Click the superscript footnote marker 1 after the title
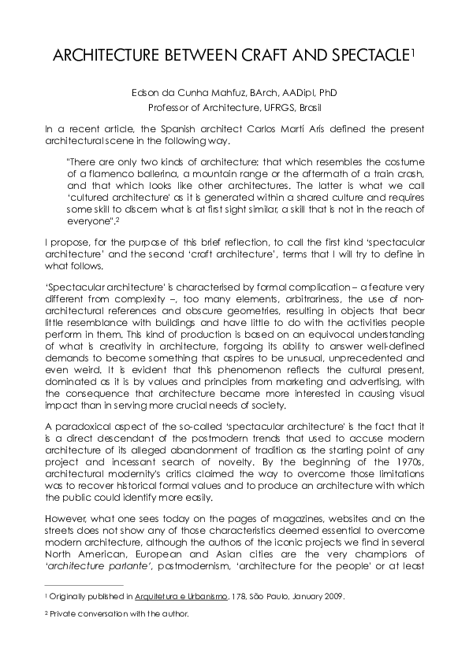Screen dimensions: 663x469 414,52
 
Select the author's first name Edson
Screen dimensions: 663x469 147,93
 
